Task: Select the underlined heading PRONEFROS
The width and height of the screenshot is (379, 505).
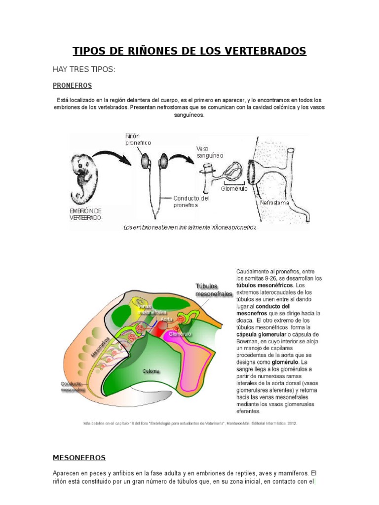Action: click(73, 85)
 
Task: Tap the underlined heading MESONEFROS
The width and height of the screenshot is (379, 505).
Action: click(79, 458)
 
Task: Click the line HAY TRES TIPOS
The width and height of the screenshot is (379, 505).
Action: click(83, 69)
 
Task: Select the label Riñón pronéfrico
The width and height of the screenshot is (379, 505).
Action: click(138, 139)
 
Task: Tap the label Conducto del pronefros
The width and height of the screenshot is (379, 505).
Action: click(191, 202)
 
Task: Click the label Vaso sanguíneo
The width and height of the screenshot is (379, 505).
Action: click(210, 152)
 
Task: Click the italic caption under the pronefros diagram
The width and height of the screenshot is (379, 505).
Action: click(189, 228)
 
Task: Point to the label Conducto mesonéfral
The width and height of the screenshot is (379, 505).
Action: click(74, 386)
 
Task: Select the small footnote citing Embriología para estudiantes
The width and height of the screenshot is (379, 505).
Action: click(189, 423)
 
